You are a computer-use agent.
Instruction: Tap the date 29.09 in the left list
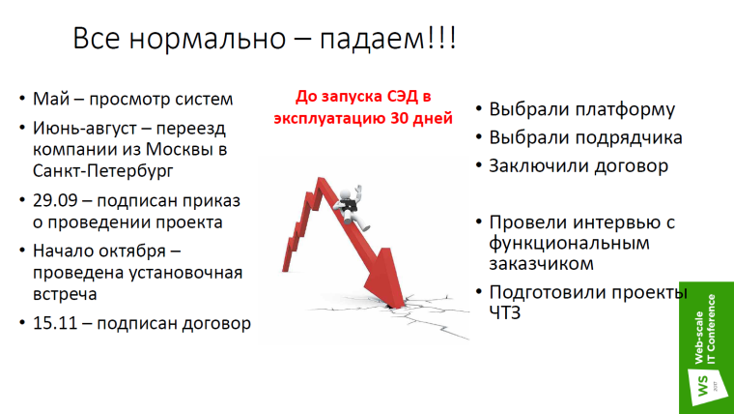[56, 199]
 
